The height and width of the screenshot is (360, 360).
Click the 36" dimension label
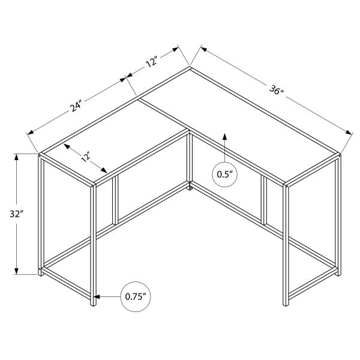[x=277, y=91]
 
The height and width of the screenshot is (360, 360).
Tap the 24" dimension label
[x=75, y=107]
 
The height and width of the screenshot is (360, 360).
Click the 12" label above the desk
[x=151, y=61]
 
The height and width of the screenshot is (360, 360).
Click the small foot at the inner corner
[x=190, y=189]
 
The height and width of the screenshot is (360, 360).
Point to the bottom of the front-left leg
[x=93, y=304]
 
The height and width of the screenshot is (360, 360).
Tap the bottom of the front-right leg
[x=286, y=304]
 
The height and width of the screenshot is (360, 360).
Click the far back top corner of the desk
[x=191, y=68]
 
